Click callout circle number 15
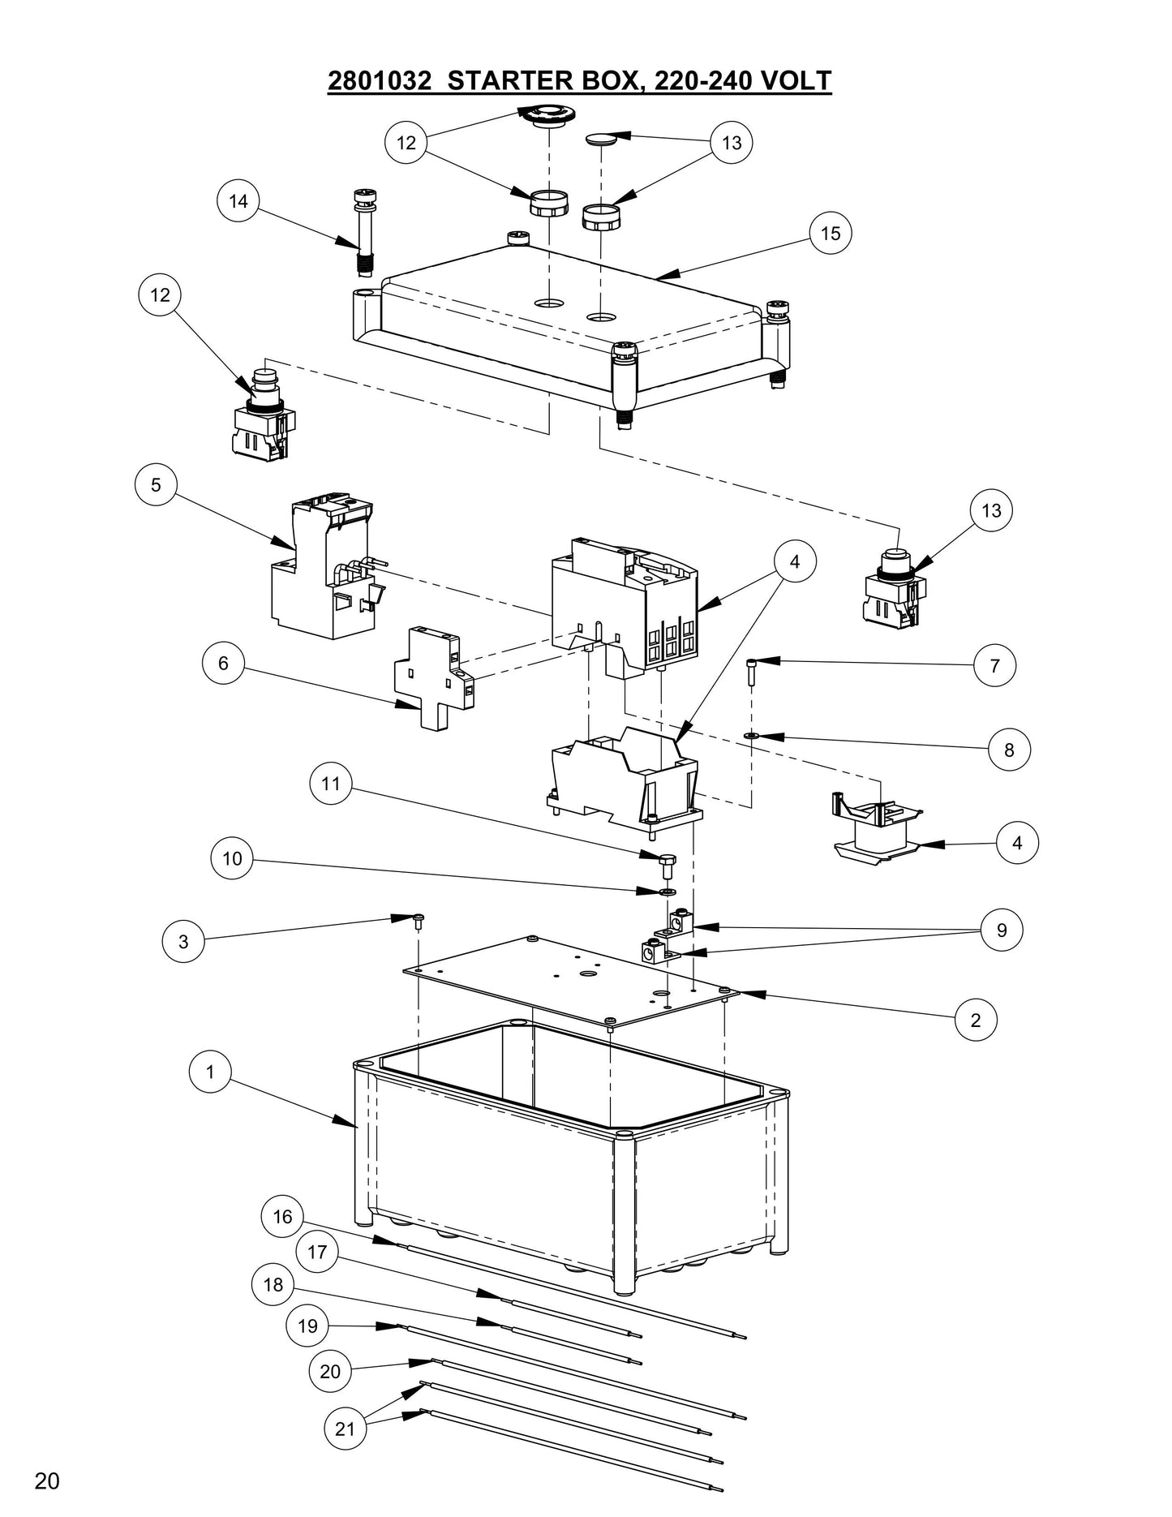coord(831,234)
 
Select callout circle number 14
coord(238,201)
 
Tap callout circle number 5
coord(156,485)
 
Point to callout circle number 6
coord(223,664)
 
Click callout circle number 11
coord(330,784)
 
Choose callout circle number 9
coord(1002,930)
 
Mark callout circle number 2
coord(976,1020)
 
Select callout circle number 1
coord(210,1072)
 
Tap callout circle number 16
coord(282,1217)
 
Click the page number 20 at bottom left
coord(47,1481)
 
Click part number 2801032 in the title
coord(379,81)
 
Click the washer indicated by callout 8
coord(750,735)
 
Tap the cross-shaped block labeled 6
coord(434,680)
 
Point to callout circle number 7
coord(995,666)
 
